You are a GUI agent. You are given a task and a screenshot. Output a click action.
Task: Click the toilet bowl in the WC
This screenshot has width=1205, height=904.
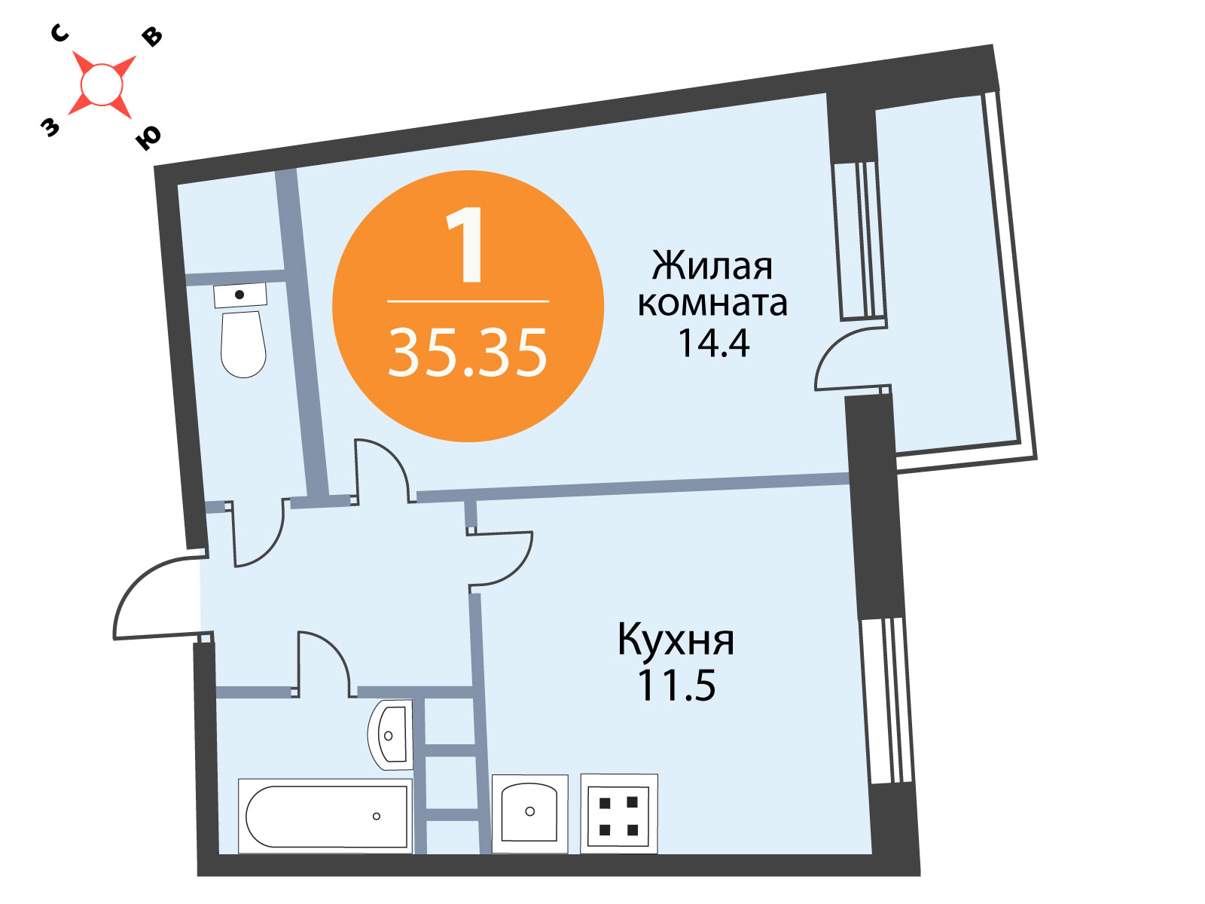[243, 344]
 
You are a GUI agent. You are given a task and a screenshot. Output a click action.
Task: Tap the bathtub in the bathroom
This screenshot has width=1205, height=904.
[325, 816]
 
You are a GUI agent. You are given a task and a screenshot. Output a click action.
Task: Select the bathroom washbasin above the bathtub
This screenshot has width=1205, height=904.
[390, 735]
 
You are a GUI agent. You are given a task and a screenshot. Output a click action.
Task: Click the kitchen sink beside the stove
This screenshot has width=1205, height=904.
[529, 814]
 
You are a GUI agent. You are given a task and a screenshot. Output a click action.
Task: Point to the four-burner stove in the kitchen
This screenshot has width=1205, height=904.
[619, 814]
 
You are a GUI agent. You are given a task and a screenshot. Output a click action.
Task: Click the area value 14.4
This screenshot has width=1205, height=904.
[714, 343]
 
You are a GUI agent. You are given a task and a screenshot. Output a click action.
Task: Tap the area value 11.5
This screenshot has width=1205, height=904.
[676, 686]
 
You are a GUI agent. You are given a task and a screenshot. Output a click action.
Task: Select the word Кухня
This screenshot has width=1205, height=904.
[676, 640]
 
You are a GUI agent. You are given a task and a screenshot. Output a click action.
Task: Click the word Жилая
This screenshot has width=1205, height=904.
[712, 266]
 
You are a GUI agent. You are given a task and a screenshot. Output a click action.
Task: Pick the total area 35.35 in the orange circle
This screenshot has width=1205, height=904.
[468, 352]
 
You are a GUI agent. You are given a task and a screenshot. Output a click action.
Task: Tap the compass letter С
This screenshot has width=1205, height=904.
[59, 33]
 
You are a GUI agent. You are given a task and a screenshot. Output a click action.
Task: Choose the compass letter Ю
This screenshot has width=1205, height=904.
[148, 138]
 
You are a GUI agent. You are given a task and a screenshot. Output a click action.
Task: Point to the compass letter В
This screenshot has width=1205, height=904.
[152, 37]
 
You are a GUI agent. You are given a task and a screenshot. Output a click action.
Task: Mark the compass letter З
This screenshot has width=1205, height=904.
[50, 127]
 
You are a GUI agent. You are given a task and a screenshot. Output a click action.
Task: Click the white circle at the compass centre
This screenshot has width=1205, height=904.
[101, 84]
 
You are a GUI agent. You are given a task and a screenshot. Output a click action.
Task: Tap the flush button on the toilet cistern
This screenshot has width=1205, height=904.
[239, 295]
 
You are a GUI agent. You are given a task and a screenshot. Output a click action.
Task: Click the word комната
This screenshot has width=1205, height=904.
[712, 304]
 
